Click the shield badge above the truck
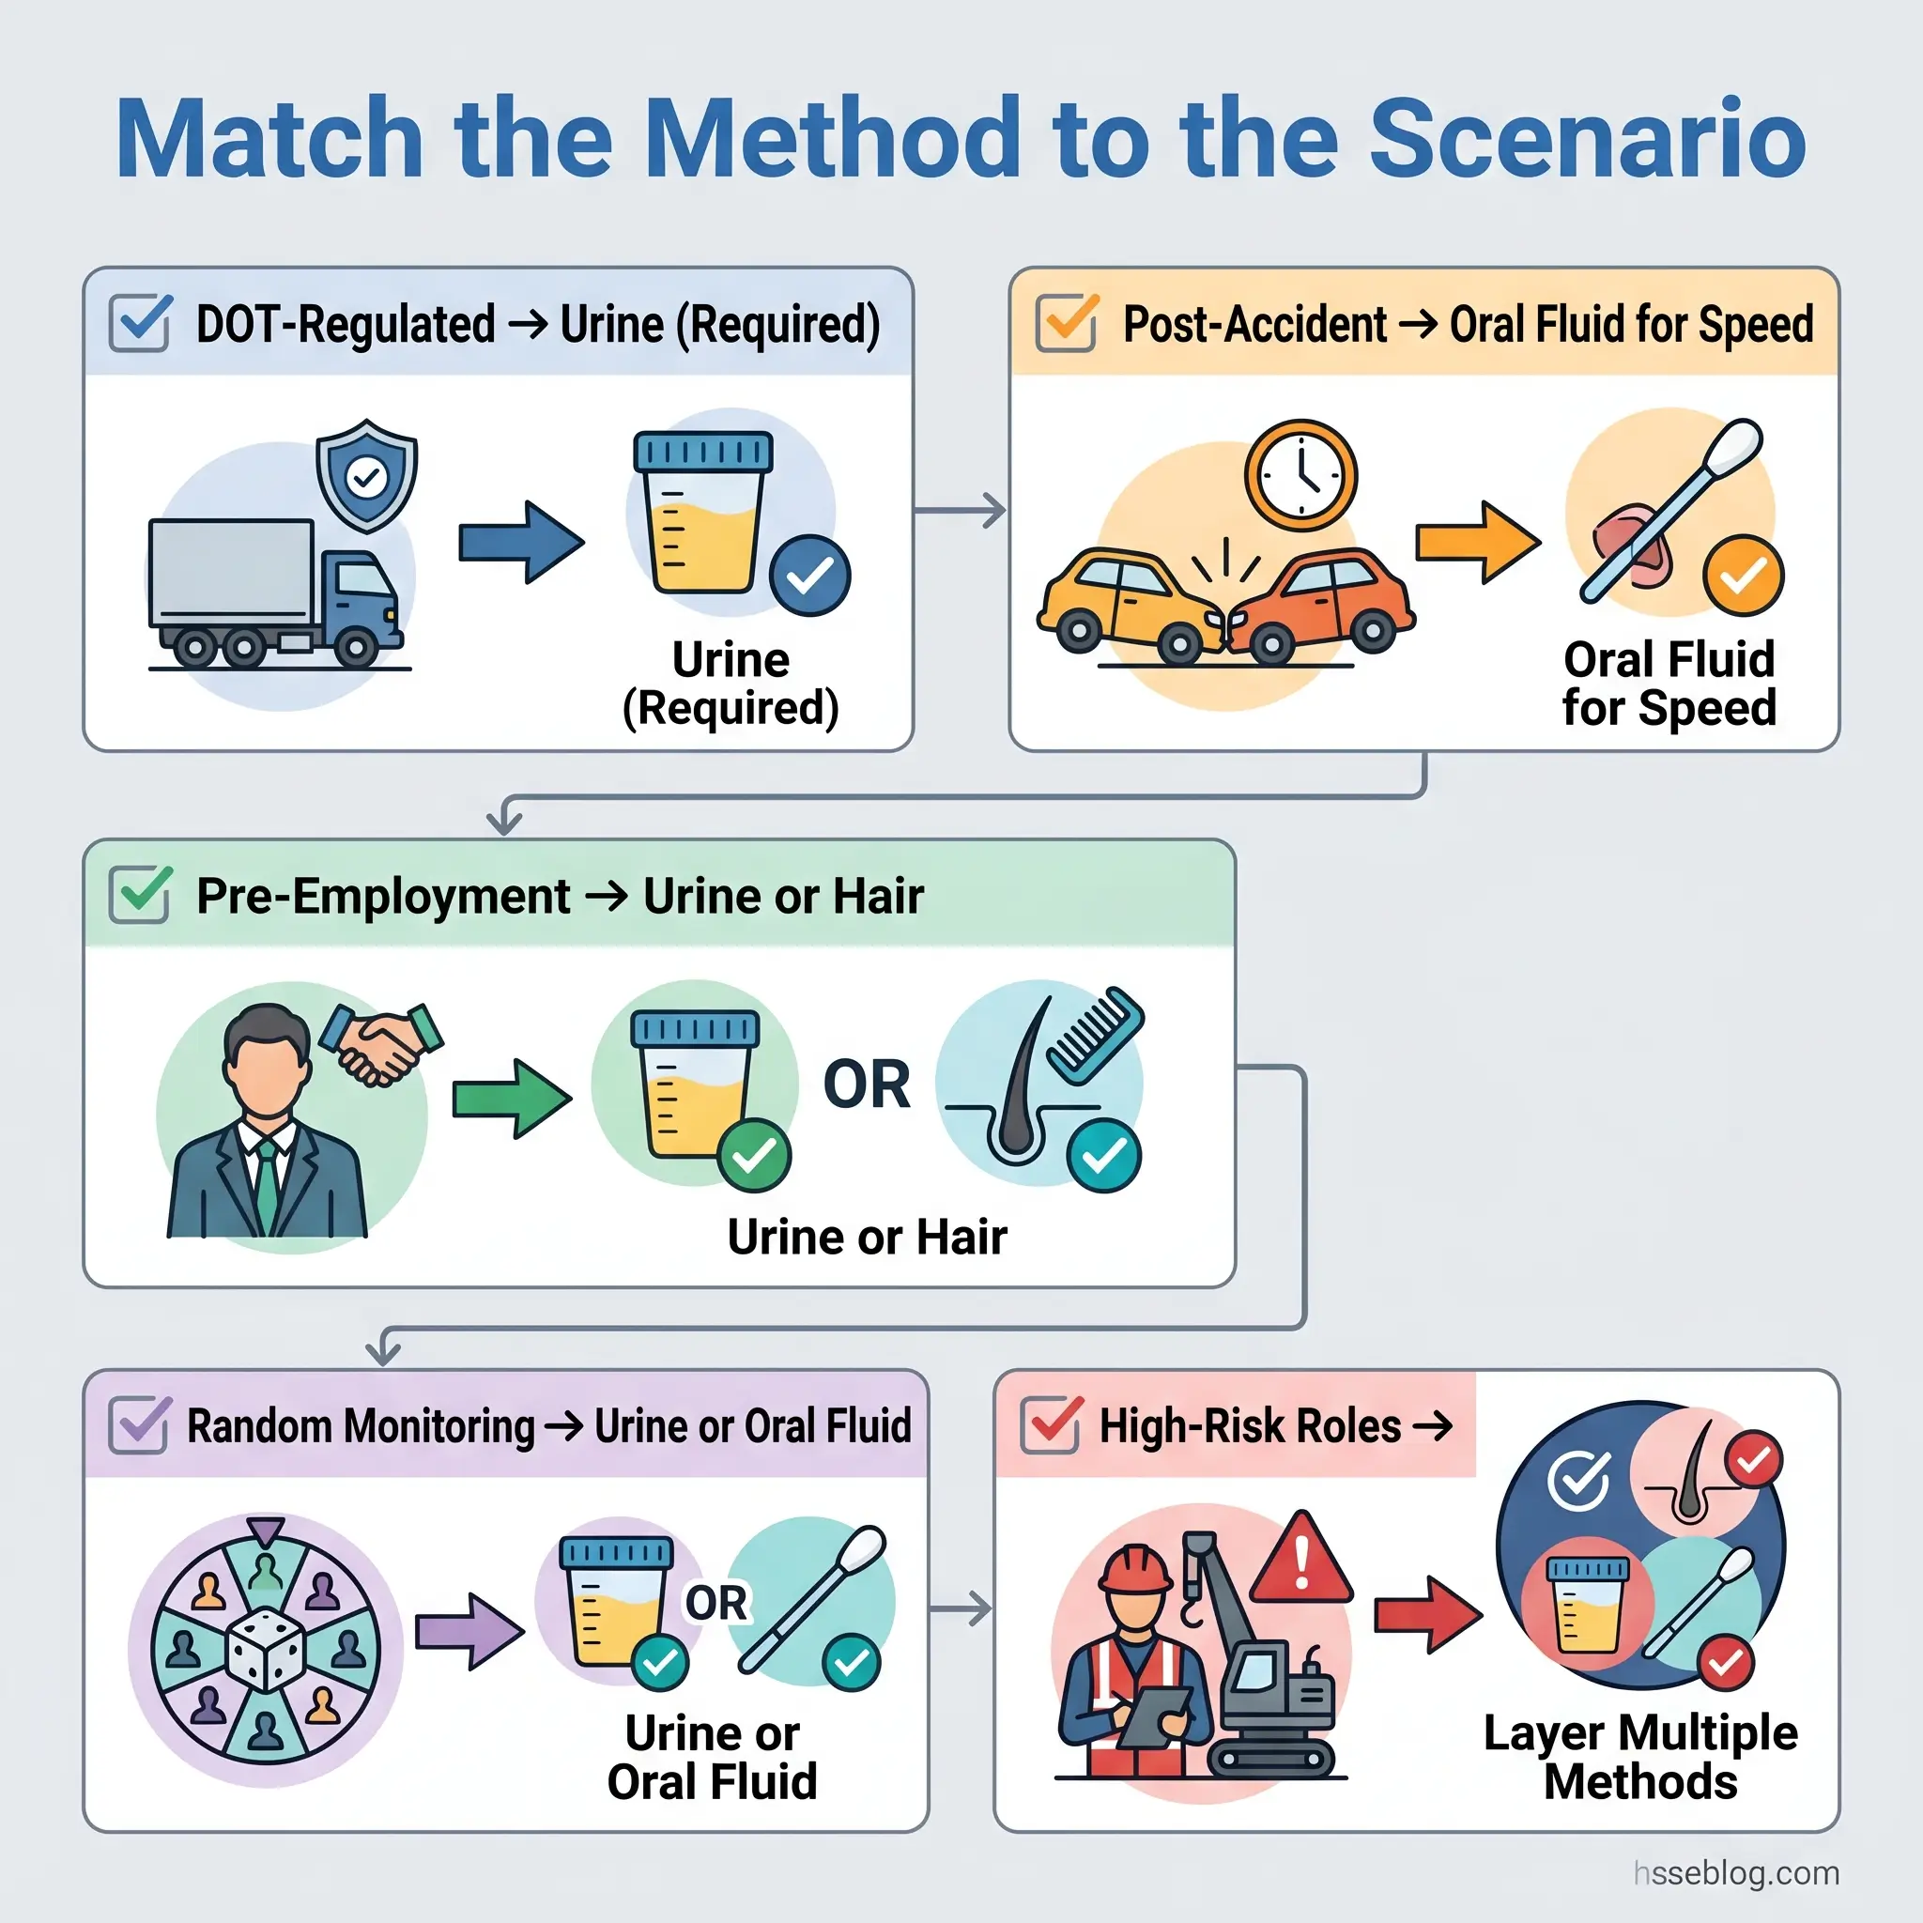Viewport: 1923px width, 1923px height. [366, 476]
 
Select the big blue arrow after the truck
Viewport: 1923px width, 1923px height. [520, 543]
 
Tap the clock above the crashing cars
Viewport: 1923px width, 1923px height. [1300, 476]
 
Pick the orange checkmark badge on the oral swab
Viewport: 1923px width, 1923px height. [1743, 577]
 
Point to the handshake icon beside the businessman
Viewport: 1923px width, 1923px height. [381, 1042]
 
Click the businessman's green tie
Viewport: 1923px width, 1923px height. [267, 1183]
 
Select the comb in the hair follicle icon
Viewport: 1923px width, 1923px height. [1095, 1035]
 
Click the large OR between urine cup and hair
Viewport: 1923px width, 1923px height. [866, 1084]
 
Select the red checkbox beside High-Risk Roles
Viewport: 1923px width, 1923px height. [1051, 1424]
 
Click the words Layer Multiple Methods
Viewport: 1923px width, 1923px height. [1639, 1757]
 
